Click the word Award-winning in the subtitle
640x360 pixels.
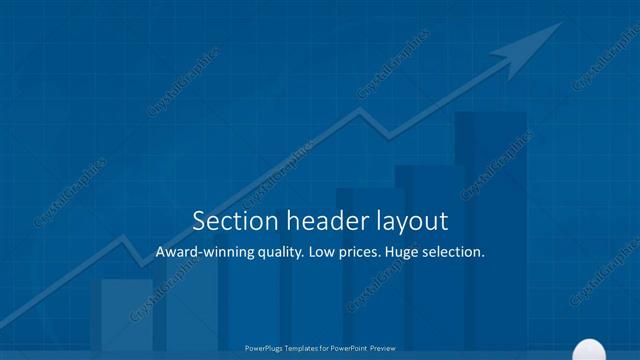pos(205,253)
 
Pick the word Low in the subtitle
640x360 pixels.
pos(328,253)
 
